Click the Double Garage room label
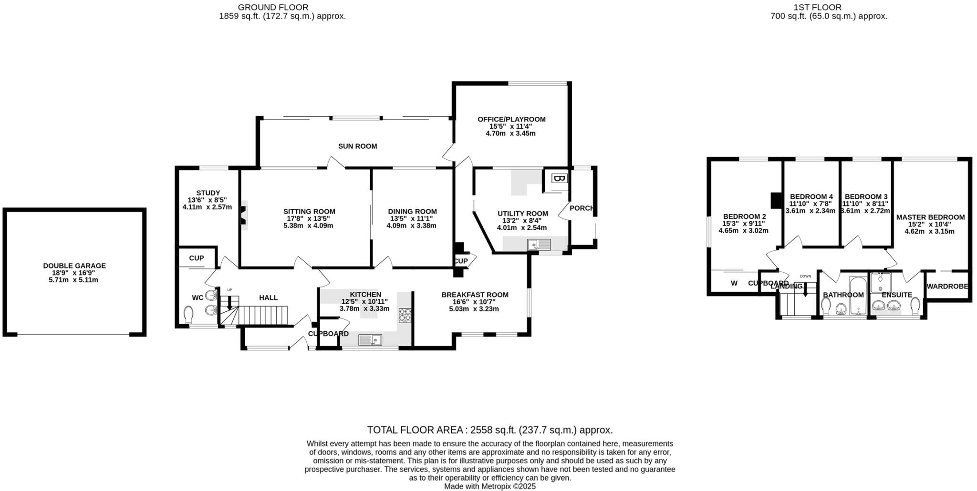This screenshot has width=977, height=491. point(74,266)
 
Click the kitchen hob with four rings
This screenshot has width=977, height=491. point(405,315)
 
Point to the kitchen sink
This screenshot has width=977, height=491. point(370,340)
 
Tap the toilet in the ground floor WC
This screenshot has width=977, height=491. point(188,315)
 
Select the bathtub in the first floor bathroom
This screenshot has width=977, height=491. point(858,295)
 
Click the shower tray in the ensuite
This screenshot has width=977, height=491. point(880,283)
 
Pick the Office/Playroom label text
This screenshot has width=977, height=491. point(511,119)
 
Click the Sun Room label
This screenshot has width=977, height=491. point(357,146)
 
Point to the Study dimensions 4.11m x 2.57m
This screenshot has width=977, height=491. point(207,207)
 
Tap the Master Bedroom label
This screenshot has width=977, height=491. point(930,217)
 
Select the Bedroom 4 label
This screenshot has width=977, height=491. point(811,196)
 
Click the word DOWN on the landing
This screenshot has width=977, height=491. point(805,276)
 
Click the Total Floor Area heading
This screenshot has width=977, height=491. point(489,430)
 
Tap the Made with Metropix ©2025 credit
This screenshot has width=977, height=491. point(489,486)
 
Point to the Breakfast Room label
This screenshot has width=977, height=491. point(474,295)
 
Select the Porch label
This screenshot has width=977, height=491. point(582,208)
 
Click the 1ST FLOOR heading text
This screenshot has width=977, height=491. point(824,7)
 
